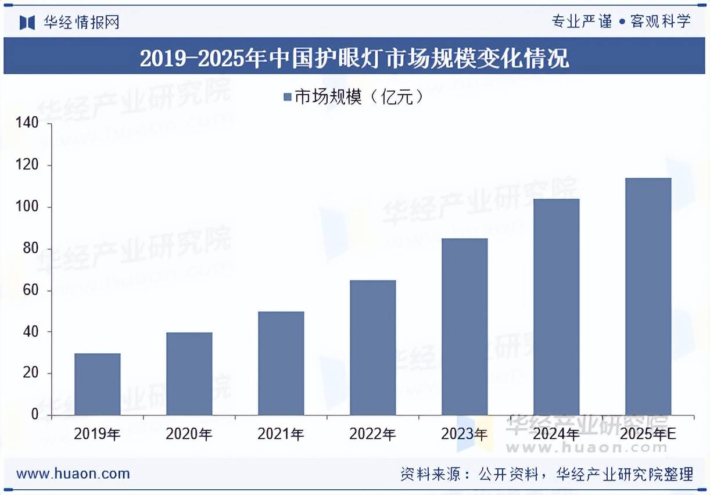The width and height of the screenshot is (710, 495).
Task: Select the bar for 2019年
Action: [98, 384]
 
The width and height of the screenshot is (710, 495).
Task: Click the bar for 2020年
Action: [189, 374]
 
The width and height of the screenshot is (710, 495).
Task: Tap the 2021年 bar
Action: [281, 363]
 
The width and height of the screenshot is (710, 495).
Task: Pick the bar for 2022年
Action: [373, 347]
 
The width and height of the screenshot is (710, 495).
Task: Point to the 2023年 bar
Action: [465, 327]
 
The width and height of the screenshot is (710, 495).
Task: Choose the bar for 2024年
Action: [557, 307]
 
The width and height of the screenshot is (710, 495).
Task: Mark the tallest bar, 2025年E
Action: [648, 296]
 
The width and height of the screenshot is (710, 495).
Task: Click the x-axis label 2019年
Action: [98, 434]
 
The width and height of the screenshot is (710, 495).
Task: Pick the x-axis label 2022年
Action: [373, 434]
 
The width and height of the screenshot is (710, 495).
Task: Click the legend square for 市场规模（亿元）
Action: [287, 97]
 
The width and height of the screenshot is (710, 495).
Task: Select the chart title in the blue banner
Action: [354, 58]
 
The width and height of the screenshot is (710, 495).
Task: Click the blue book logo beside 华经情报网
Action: [27, 22]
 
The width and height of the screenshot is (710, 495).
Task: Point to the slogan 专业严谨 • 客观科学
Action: [621, 22]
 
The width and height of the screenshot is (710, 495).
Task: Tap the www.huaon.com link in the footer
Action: [73, 474]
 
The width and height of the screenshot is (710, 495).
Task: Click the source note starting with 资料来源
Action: [547, 474]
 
